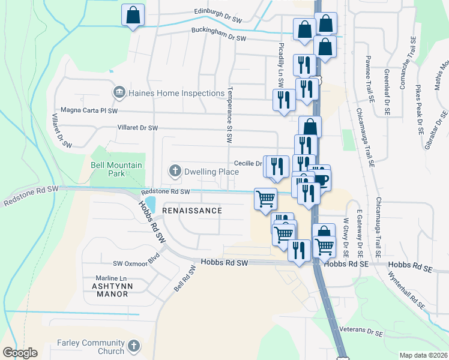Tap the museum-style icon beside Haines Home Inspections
(x=118, y=93)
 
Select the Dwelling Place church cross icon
(x=175, y=172)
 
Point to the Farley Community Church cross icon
(x=133, y=347)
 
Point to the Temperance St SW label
(x=229, y=116)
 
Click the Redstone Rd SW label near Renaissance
(x=165, y=192)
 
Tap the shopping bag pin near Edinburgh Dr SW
(x=133, y=15)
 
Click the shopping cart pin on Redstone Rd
(x=265, y=198)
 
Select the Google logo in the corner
(x=20, y=353)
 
